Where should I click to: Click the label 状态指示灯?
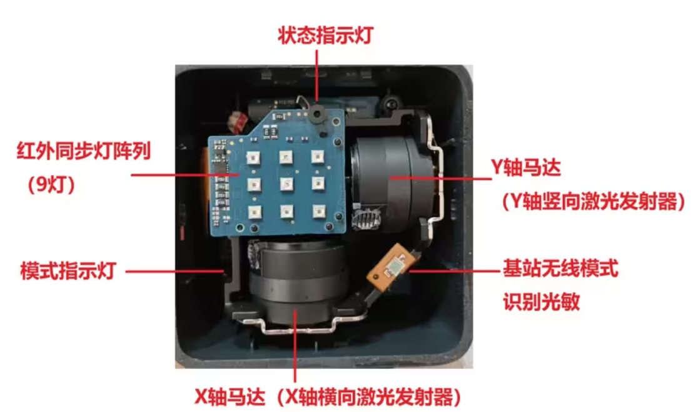326,36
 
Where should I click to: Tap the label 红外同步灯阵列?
84,151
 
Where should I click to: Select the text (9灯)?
51,184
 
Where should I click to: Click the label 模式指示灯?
69,270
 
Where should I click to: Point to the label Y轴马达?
526,168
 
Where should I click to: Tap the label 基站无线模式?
560,268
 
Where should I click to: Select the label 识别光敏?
542,302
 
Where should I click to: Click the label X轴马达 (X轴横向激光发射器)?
328,397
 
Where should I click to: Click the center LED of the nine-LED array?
286,184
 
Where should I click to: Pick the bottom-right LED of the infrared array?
319,211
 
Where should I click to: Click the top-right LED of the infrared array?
317,156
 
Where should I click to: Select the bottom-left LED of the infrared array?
255,213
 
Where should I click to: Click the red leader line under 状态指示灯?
317,76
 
